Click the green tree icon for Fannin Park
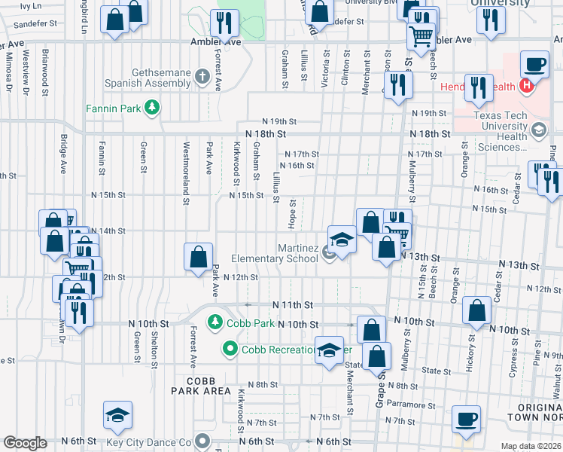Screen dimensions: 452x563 (x=153, y=108)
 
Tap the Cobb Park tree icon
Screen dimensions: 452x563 (x=215, y=322)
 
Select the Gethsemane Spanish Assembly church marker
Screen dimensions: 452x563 (x=202, y=77)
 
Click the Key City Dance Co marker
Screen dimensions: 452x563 (x=202, y=441)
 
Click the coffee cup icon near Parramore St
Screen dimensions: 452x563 (x=466, y=419)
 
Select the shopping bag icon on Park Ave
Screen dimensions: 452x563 (x=198, y=257)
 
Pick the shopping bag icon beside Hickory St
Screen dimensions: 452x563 (x=478, y=310)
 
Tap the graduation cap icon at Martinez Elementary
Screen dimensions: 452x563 (x=342, y=240)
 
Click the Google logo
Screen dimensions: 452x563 (x=25, y=443)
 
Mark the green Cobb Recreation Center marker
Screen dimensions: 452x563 (x=230, y=349)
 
